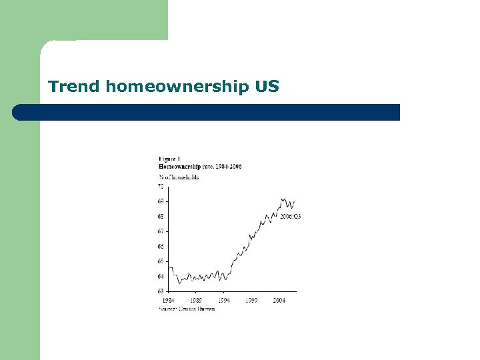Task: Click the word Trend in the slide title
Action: [73, 86]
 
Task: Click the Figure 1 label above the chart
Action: [169, 158]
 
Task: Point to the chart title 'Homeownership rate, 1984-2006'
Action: [199, 165]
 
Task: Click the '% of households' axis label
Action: [179, 177]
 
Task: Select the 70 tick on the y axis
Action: [161, 186]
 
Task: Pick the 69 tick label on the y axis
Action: [161, 201]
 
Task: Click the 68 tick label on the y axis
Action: [161, 216]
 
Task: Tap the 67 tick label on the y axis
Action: [161, 231]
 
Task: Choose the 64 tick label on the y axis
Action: [161, 276]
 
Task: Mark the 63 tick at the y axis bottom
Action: [161, 291]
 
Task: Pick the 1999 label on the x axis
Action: [251, 301]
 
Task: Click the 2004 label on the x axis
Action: [279, 301]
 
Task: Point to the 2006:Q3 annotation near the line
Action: [290, 217]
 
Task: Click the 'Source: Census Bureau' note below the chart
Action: [187, 309]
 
